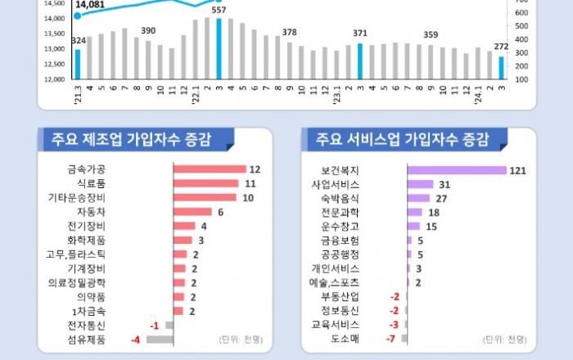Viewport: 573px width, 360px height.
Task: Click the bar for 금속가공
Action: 210,169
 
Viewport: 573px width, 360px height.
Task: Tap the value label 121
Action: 517,170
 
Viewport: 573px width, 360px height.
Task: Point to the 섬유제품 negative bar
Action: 160,339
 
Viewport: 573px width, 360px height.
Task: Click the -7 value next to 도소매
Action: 391,339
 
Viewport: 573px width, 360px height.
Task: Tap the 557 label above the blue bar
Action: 219,11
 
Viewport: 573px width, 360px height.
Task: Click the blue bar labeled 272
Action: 501,68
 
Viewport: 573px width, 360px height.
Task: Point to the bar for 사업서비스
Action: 420,184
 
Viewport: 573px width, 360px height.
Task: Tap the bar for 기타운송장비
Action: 205,197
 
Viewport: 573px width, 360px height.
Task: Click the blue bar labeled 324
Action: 78,64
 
